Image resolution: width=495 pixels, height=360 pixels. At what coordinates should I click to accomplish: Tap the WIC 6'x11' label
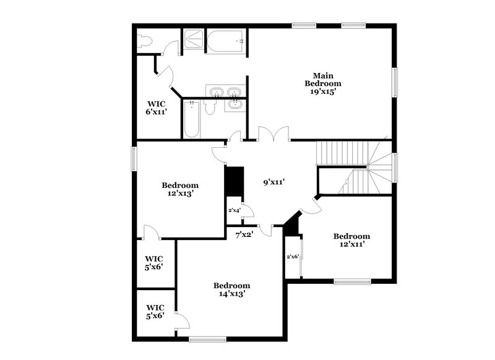coord(155,108)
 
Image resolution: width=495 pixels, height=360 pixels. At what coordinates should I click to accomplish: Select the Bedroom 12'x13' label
coord(180,189)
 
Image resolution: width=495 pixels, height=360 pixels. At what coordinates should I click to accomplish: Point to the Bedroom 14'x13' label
coord(231,289)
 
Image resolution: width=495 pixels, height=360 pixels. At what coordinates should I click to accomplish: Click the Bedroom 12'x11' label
coord(351,240)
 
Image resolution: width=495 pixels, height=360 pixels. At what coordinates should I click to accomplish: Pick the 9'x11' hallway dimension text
coord(273,182)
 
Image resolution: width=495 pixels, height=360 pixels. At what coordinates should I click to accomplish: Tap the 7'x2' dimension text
coord(244,235)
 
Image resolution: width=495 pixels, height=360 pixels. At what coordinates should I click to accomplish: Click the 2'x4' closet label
coord(234,211)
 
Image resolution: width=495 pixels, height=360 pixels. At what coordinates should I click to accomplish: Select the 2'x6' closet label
coord(292,257)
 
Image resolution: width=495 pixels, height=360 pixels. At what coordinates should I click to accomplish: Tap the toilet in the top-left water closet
coord(144,41)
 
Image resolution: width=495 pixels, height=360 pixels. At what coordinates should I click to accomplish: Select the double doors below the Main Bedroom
coord(273,134)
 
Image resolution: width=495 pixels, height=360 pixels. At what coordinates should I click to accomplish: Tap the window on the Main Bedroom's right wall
coord(394,82)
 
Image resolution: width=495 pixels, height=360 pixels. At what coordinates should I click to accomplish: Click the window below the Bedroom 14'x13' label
coord(207,338)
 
